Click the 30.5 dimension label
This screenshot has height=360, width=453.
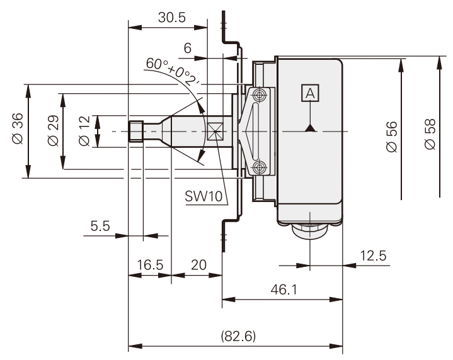click(x=171, y=18)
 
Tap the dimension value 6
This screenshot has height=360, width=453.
click(x=187, y=48)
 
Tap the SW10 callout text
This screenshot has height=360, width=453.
click(x=204, y=196)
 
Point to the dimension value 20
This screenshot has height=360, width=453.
click(x=198, y=265)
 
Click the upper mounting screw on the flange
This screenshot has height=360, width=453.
click(x=259, y=95)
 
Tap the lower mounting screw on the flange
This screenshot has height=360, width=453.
click(x=259, y=167)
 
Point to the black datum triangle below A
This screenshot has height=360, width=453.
click(x=309, y=128)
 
